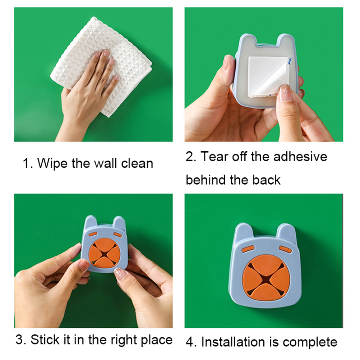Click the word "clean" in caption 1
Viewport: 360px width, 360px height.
[x=137, y=163]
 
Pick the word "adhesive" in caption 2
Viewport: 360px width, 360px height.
[x=300, y=157]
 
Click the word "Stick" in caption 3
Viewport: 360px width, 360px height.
[x=45, y=339]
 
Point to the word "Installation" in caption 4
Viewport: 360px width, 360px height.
[x=233, y=342]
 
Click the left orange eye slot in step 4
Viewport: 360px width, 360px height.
[x=248, y=249]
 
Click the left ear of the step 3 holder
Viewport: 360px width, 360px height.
[x=91, y=222]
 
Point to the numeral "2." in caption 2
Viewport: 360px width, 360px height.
[x=191, y=157]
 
